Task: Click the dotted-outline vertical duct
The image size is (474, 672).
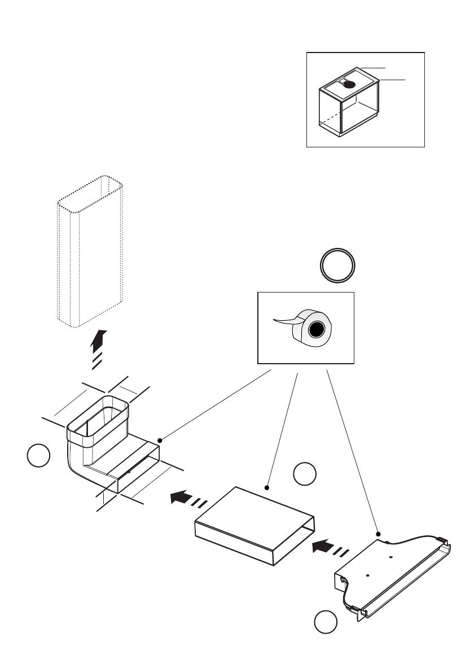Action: [90, 251]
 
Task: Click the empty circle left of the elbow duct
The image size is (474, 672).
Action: [38, 456]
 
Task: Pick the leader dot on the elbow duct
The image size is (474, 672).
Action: [160, 440]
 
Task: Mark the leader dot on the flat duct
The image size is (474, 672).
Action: [266, 486]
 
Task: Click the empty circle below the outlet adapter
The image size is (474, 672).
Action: [326, 622]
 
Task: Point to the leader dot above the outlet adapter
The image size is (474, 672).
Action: [378, 533]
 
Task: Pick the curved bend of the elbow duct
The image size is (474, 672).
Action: [76, 466]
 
